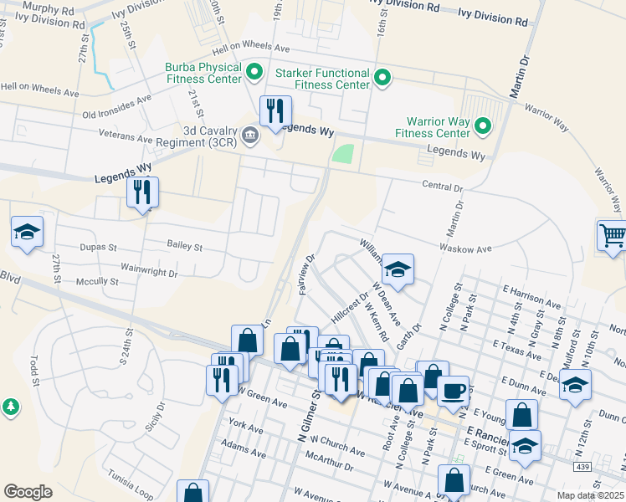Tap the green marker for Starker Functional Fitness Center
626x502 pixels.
382,79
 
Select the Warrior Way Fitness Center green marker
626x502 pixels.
482,127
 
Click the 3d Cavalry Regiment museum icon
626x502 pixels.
249,135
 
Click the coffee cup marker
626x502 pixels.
454,390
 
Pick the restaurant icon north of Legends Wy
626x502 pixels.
275,111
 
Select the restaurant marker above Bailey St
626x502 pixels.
142,193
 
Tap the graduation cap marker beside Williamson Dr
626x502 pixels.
398,269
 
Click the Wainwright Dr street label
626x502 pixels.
151,273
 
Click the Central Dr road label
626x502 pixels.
442,187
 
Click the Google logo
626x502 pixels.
28,492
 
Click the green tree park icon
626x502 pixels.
10,407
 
